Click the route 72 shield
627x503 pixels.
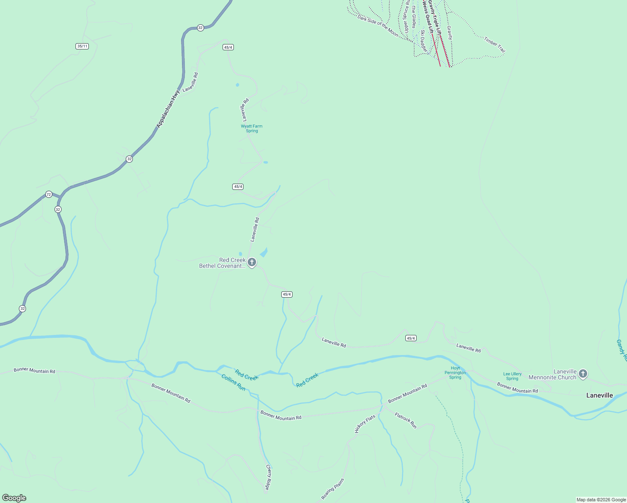coord(49,194)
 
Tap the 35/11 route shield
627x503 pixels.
coord(83,46)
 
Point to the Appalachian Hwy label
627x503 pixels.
coord(168,109)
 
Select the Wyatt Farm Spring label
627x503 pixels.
coord(251,128)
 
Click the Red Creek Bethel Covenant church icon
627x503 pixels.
coord(251,263)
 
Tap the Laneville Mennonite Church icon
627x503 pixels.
coord(583,374)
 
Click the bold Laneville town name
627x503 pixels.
coord(599,395)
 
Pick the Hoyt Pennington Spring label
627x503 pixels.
coord(455,373)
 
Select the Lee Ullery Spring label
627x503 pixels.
coord(512,376)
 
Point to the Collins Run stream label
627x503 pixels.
coord(233,382)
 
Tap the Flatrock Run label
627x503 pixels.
coord(406,421)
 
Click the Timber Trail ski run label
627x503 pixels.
coord(495,45)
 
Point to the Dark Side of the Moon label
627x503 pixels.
coord(377,26)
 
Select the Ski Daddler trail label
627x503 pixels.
coord(424,41)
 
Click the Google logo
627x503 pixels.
coord(14,498)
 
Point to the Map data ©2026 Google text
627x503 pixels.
coord(601,500)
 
